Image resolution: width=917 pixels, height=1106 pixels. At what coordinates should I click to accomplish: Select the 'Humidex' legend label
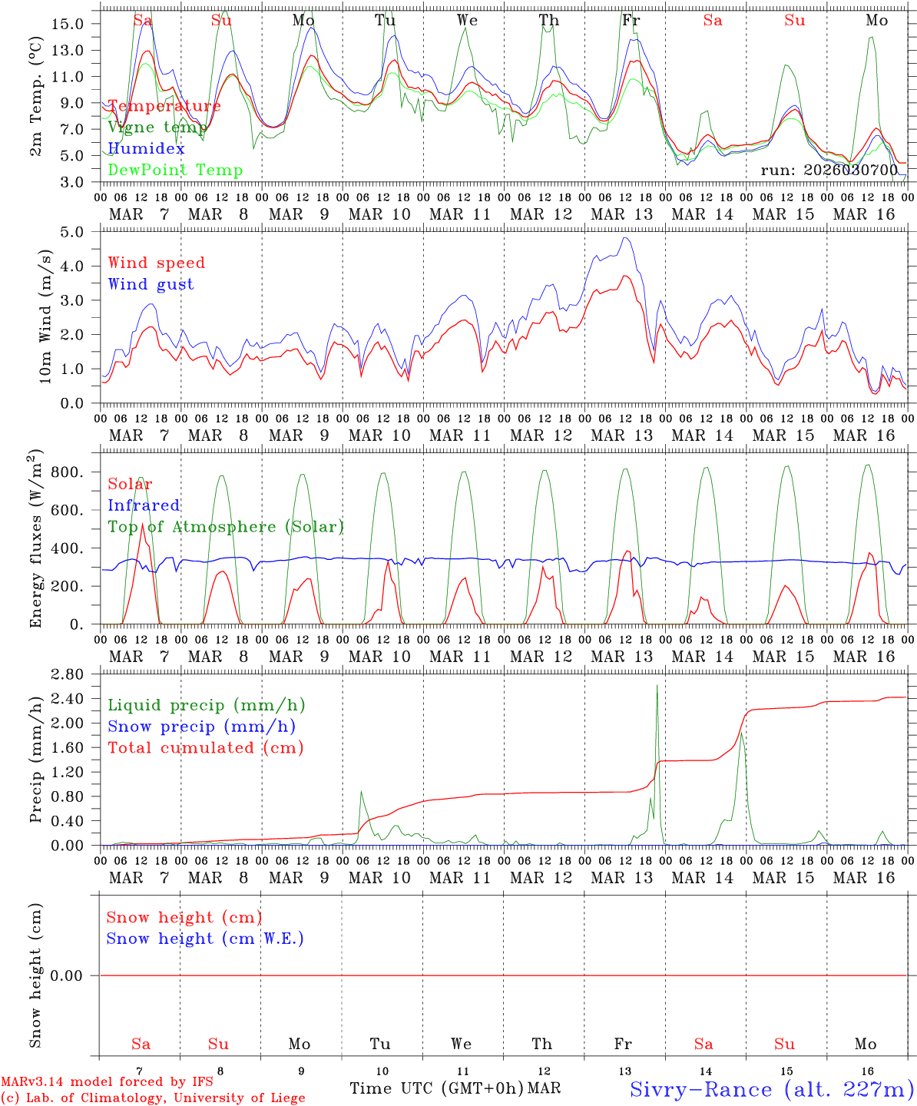(146, 148)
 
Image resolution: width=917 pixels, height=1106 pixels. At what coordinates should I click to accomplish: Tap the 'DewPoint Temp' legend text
(175, 170)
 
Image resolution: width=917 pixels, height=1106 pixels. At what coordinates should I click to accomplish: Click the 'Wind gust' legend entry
(151, 284)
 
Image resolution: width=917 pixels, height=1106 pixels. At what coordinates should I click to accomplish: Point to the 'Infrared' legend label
(144, 505)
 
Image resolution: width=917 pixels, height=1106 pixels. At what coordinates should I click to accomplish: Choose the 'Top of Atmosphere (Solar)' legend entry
(226, 527)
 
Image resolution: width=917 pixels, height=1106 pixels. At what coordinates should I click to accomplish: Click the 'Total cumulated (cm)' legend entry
(206, 747)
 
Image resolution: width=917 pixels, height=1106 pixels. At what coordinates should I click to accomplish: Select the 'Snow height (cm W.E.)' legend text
(205, 939)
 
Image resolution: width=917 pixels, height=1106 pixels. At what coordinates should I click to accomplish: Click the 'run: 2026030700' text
(829, 170)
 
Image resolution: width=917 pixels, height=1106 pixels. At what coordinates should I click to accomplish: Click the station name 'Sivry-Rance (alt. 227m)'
(772, 1089)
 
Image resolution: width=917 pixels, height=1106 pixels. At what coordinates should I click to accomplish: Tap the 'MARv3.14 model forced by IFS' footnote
(107, 1082)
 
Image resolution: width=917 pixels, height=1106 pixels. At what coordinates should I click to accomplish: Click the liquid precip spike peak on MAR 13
(657, 685)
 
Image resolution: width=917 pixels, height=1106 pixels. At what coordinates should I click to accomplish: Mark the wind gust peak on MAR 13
(626, 238)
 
